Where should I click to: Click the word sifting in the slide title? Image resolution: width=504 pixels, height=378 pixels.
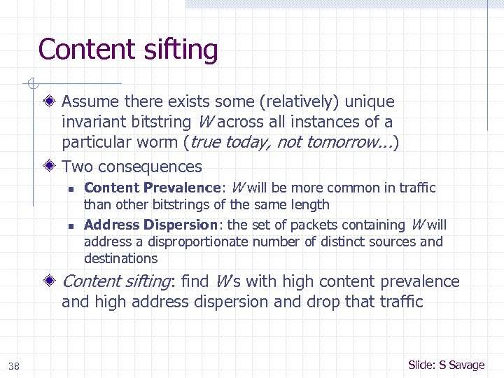(180, 50)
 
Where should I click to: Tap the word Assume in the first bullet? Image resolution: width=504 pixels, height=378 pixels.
(90, 102)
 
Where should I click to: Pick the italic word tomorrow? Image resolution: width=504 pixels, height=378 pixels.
(350, 143)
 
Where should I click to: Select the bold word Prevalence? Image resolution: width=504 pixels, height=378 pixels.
(182, 188)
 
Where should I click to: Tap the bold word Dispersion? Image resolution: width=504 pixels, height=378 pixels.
(182, 225)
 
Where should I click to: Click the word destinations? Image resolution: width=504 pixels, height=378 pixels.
(120, 258)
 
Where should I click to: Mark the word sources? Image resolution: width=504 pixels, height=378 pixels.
(394, 241)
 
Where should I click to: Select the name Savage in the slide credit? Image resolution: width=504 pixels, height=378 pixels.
(467, 365)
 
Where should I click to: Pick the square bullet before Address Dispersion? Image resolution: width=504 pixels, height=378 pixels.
(71, 225)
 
